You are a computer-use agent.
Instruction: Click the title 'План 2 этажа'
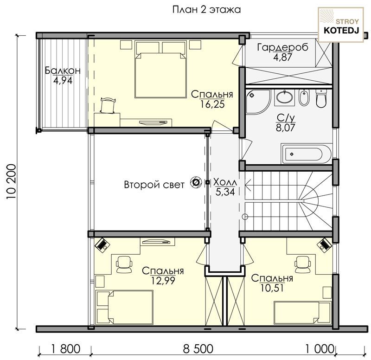coord(206,10)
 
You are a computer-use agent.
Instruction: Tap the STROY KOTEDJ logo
coord(341,25)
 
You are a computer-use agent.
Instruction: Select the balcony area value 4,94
coord(63,81)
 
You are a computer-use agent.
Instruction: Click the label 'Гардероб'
coord(283,48)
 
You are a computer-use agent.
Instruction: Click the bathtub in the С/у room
coord(307,154)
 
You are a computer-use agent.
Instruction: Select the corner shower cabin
coord(258,102)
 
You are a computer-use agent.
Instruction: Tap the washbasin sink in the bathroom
coord(284,97)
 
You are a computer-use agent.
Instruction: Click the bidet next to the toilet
coord(304,97)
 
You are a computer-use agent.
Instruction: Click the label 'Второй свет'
coord(154,185)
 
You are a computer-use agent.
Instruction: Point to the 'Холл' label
coord(225,182)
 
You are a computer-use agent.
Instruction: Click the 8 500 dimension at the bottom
coord(198,349)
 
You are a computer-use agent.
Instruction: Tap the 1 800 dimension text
coord(66,349)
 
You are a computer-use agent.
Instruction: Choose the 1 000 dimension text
coord(320,349)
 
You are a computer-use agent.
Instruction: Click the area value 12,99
coord(163,281)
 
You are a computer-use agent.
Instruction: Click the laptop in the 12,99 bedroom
coord(102,245)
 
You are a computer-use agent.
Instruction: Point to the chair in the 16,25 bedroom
coord(108,105)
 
